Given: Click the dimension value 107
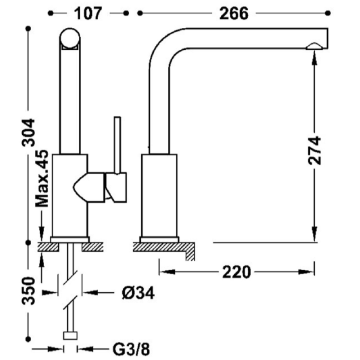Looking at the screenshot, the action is coord(88,14).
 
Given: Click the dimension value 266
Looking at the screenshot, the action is coord(234,14).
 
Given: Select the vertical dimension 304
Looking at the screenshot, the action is coord(28,132).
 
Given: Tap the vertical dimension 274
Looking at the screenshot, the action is coord(314,150).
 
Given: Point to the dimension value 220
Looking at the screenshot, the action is coord(237,272).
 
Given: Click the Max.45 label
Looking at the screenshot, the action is coord(42,179).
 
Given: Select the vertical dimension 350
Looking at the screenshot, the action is coord(28,291).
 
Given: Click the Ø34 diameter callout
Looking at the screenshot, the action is coord(138,293).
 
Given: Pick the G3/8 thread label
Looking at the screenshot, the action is coord(131,349).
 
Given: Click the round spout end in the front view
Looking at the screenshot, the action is coord(70,39).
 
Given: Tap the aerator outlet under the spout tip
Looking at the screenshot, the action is coord(314,46).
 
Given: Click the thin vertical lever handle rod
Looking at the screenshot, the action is coord(117,145).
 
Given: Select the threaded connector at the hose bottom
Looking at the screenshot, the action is coord(70,336).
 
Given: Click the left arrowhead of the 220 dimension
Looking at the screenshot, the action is coord(167,272).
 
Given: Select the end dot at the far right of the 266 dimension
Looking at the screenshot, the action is coord(328,13).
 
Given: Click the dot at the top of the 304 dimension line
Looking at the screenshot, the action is coord(28,28).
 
